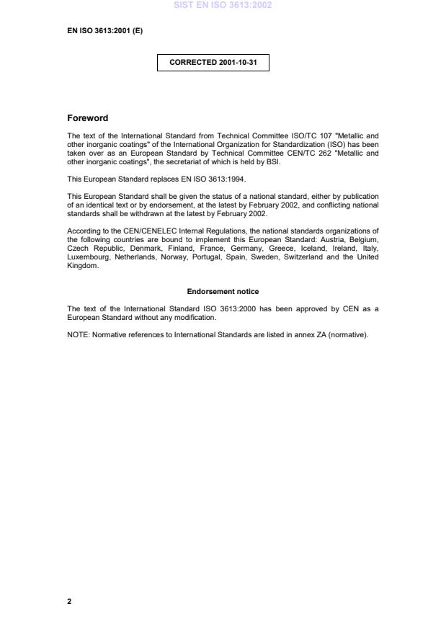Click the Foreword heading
87,118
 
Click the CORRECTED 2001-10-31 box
213,63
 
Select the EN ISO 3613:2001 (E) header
99,30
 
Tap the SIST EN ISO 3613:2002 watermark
223,5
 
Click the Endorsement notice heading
223,291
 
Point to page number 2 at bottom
69,601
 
